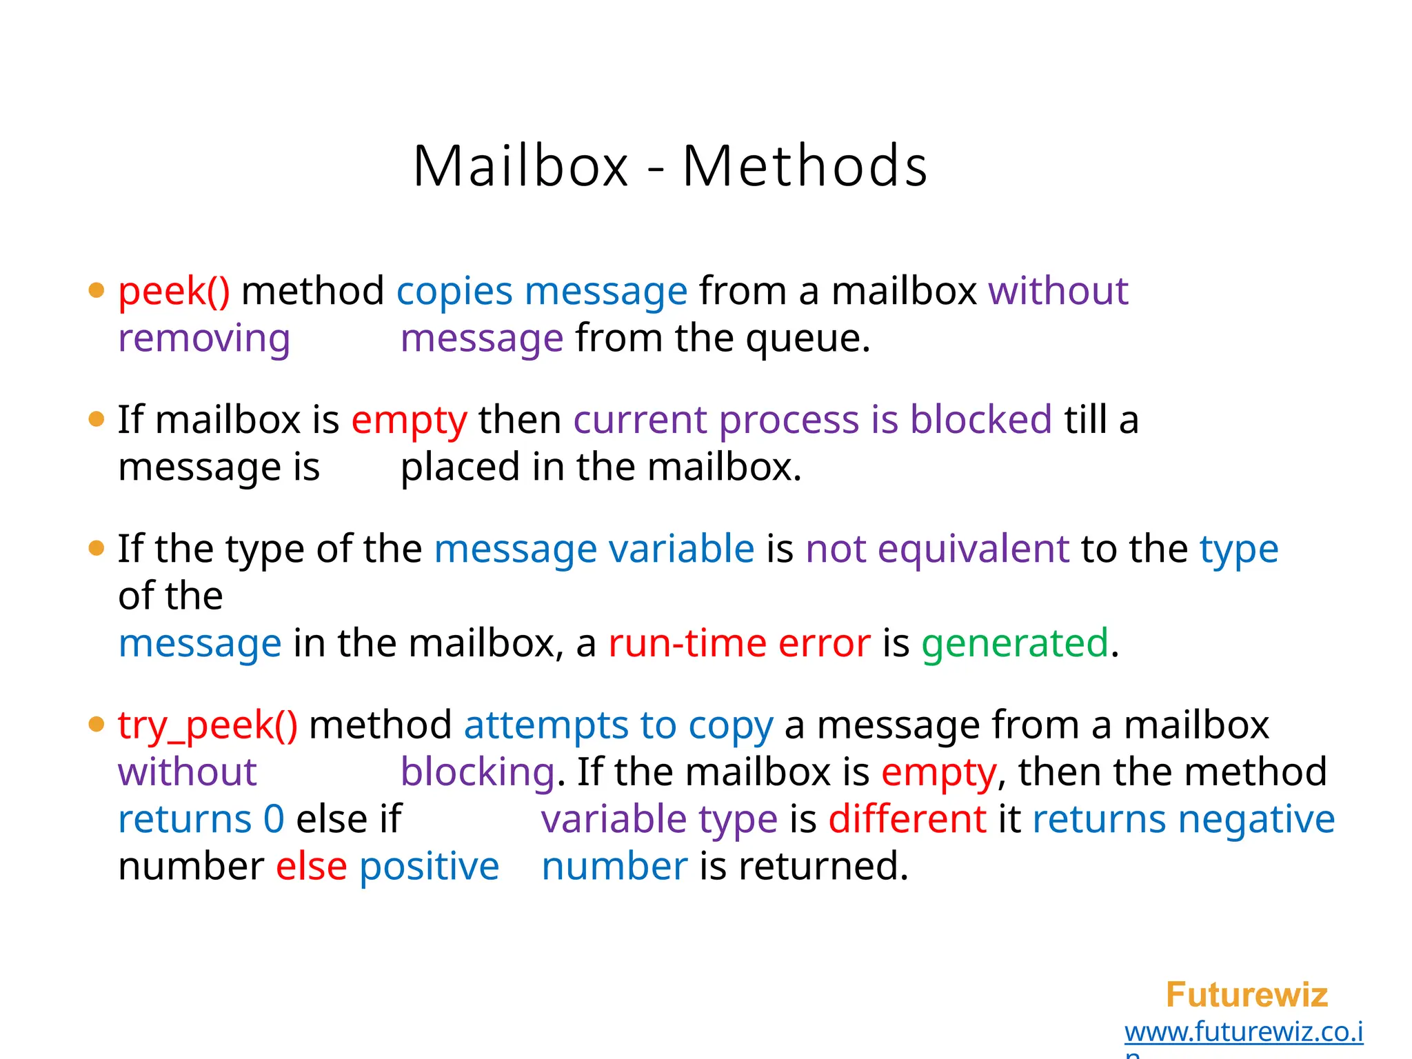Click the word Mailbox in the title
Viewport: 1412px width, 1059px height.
point(521,167)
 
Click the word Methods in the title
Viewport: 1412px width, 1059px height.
point(805,167)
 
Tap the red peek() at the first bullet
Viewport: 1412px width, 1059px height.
point(174,291)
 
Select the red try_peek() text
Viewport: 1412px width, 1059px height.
point(208,725)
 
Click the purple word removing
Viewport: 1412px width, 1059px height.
point(204,339)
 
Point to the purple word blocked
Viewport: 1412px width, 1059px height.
point(980,419)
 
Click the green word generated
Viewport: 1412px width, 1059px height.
point(1015,643)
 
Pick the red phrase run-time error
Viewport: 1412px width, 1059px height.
point(739,643)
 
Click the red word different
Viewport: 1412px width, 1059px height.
point(907,820)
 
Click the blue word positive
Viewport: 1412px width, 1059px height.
point(429,867)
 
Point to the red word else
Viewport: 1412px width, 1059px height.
point(311,867)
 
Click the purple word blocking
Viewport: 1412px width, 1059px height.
point(477,772)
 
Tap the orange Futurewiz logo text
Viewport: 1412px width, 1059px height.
point(1247,995)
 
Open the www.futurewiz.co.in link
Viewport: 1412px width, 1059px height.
point(1243,1032)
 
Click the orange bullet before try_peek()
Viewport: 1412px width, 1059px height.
point(97,725)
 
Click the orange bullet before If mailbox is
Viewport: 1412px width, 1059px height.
point(97,419)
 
